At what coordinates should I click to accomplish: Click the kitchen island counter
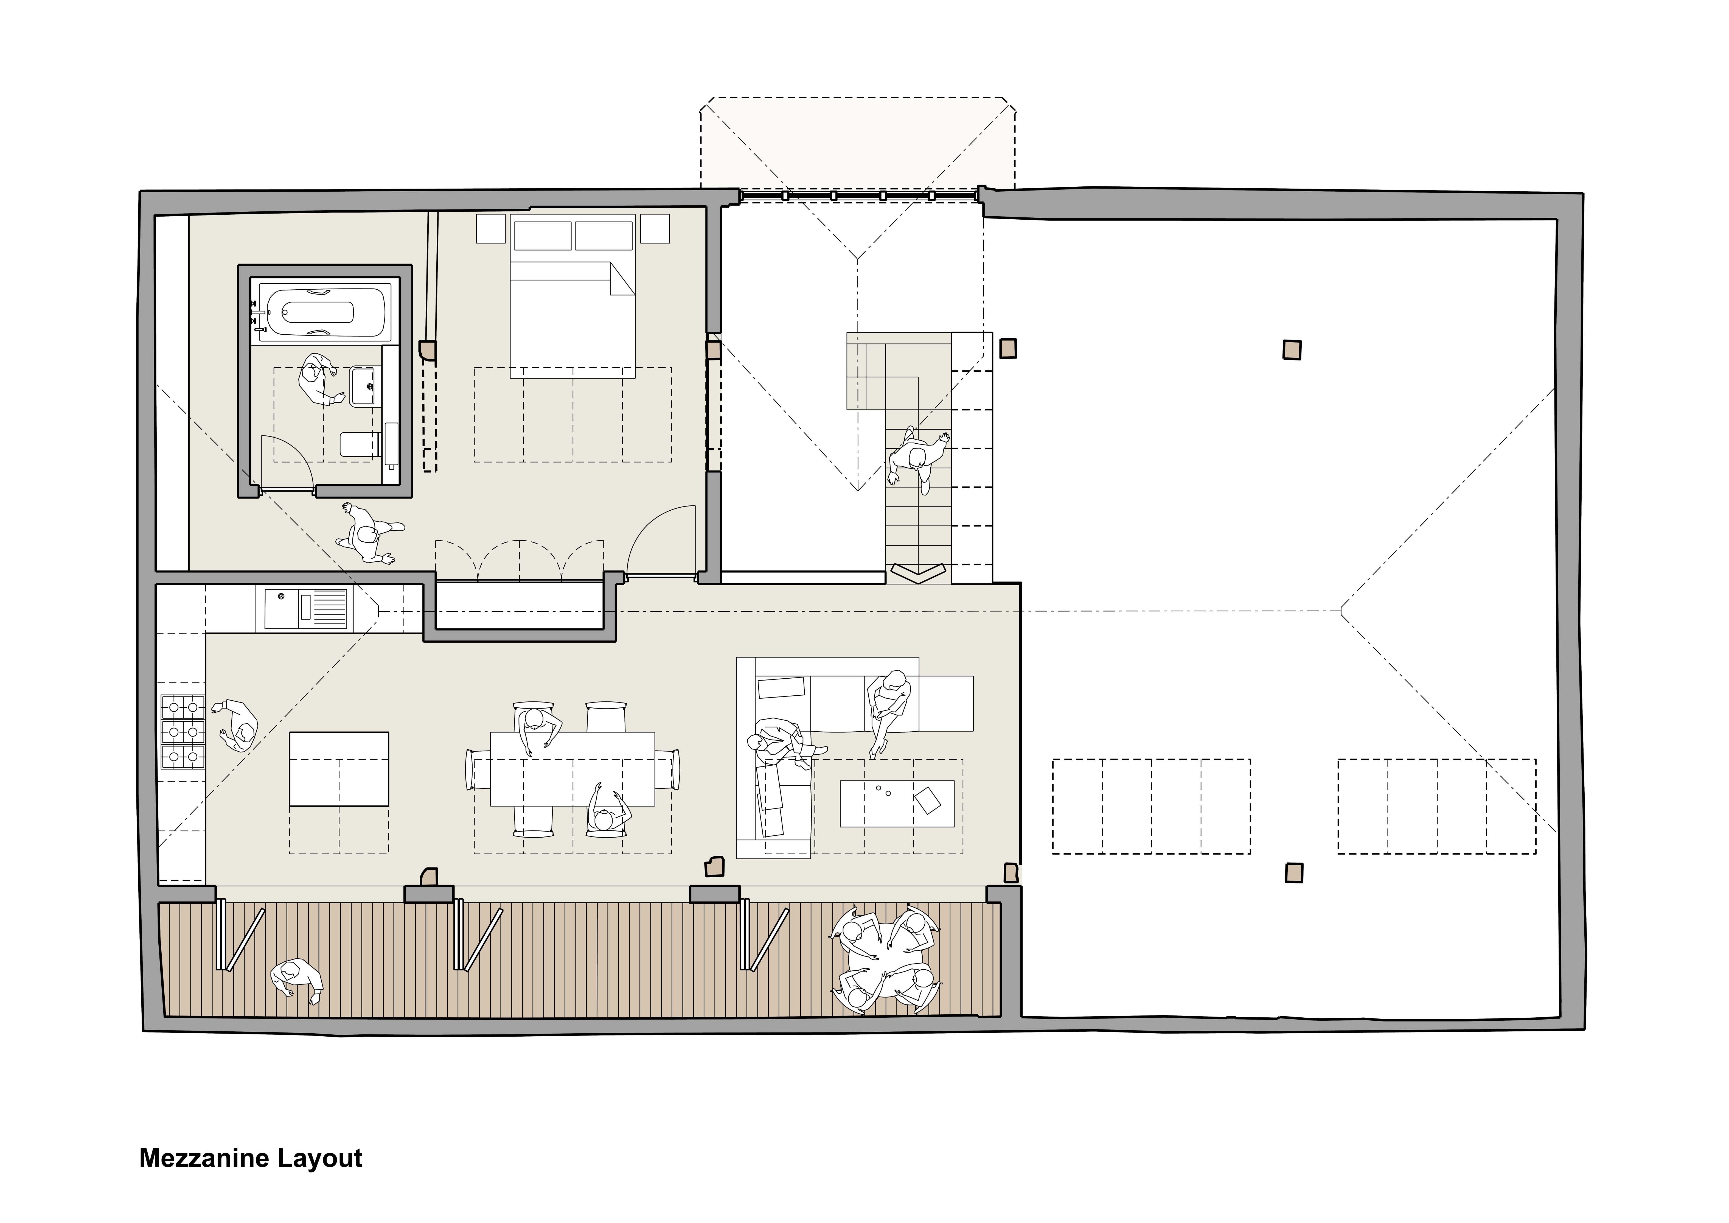coord(340,769)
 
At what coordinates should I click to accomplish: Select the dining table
coord(572,768)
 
